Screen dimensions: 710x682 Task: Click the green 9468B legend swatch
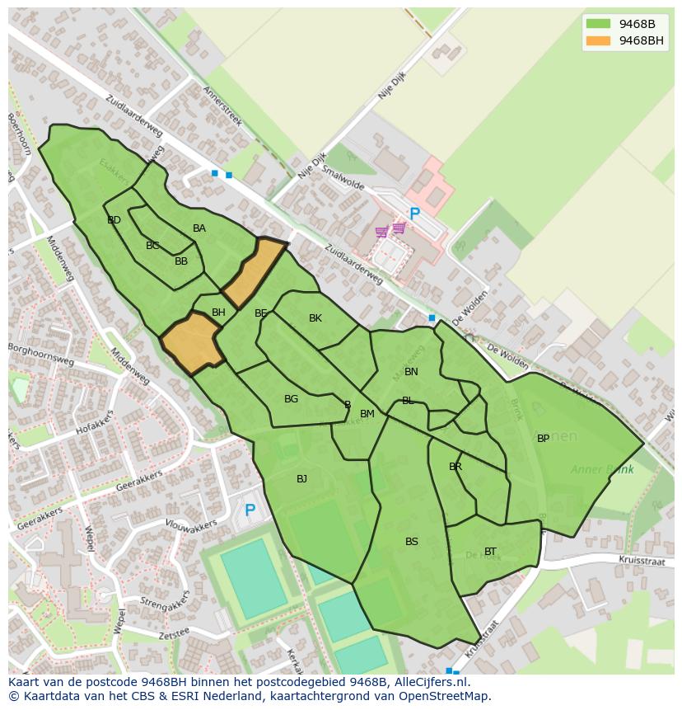(x=598, y=24)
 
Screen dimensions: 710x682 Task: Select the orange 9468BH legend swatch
(x=598, y=40)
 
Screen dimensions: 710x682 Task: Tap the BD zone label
(x=114, y=220)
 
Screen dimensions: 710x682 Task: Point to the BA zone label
(x=199, y=228)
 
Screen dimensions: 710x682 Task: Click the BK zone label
(x=315, y=318)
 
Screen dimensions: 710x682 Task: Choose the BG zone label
(x=291, y=399)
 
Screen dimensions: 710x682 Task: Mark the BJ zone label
(x=301, y=479)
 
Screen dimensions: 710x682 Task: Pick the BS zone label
(x=412, y=542)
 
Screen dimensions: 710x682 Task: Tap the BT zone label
(x=490, y=552)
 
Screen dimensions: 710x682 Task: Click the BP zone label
(x=543, y=439)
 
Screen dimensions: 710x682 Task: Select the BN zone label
(x=411, y=372)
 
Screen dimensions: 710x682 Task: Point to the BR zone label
(x=455, y=467)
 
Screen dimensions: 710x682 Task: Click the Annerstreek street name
(x=222, y=106)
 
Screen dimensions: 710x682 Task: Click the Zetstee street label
(x=174, y=634)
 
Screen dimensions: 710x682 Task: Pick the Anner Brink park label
(x=602, y=470)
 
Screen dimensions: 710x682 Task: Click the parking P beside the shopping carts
(x=414, y=214)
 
